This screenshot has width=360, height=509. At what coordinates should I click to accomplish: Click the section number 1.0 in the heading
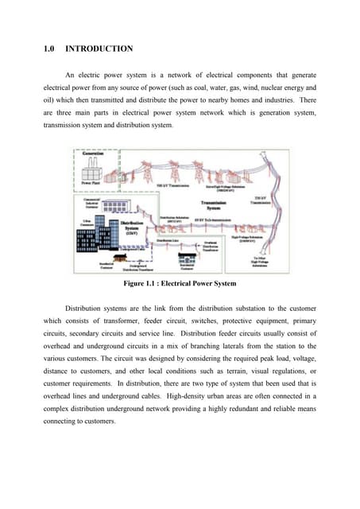coord(48,49)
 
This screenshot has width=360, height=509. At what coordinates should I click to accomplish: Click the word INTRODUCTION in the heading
coord(99,49)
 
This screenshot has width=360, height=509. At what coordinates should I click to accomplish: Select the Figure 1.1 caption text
coord(179,282)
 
